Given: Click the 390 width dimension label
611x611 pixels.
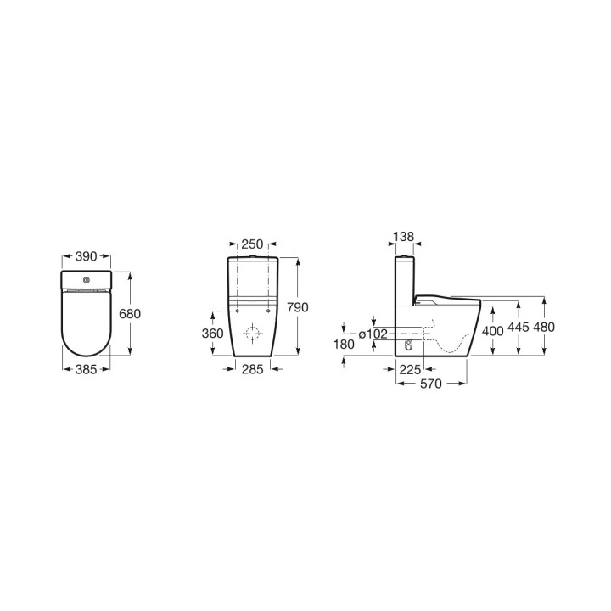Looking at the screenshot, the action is coord(86,256).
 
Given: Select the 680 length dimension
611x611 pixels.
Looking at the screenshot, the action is coord(130,314).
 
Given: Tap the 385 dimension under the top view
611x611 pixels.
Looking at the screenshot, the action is coord(86,369).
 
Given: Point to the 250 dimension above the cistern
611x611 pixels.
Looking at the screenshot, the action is coord(253,244).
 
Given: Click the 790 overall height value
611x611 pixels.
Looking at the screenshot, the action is coord(298,307).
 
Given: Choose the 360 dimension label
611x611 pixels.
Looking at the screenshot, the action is coord(213,334).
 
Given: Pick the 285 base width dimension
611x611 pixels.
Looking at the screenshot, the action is coord(253,369).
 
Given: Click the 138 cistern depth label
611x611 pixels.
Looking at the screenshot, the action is coord(404,237).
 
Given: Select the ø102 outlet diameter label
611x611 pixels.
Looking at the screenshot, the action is coord(373,334).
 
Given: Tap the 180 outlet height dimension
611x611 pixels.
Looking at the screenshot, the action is coord(344,345).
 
